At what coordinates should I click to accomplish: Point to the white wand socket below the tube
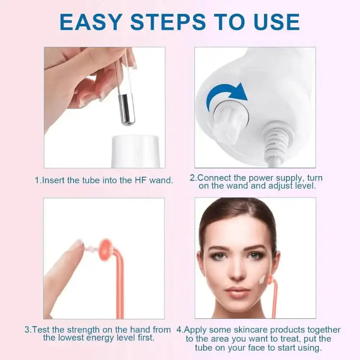coord(135,151)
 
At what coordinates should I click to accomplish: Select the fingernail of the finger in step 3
coord(76,245)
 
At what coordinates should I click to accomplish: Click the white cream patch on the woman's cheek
coord(262,279)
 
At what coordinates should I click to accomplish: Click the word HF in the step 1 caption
coord(129,180)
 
